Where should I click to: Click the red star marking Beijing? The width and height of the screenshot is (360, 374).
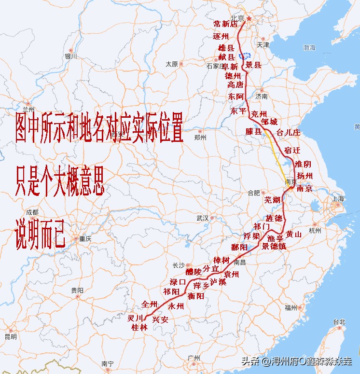point(249,19)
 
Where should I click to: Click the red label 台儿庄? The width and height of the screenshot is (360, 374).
point(288,132)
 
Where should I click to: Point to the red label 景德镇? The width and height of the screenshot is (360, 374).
point(274,246)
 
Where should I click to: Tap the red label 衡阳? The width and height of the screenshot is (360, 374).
point(196,296)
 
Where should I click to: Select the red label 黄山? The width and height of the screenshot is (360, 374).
point(293,234)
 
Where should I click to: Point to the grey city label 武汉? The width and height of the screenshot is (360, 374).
point(202,218)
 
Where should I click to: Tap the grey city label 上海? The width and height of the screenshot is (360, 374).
point(338,199)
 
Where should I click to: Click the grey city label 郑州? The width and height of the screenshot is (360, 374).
point(200,137)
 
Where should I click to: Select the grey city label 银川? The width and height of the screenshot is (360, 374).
point(71,56)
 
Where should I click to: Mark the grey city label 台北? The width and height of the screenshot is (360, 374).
point(339,322)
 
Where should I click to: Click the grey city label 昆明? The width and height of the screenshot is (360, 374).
point(11,336)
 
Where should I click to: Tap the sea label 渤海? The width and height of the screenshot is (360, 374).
point(309,48)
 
